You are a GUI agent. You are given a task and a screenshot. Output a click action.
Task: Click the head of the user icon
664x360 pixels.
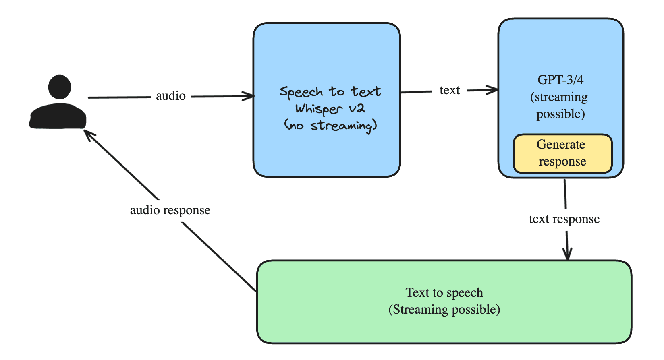pyautogui.click(x=60, y=87)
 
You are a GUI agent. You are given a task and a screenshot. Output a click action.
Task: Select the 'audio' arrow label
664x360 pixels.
pyautogui.click(x=171, y=96)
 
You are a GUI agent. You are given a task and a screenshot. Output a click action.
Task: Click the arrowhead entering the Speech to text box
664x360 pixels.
pyautogui.click(x=250, y=96)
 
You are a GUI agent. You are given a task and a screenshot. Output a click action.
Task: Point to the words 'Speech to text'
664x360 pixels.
pyautogui.click(x=330, y=92)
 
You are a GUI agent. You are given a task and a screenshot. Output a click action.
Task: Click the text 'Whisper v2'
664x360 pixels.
pyautogui.click(x=330, y=109)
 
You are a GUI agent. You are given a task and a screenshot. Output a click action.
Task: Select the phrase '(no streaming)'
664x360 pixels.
pyautogui.click(x=330, y=126)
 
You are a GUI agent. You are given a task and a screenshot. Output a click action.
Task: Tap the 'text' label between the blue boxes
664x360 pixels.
pyautogui.click(x=449, y=90)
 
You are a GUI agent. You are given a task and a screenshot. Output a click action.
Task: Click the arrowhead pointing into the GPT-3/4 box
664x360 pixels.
pyautogui.click(x=494, y=89)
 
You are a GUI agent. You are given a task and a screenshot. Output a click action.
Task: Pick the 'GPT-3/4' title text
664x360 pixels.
pyautogui.click(x=560, y=80)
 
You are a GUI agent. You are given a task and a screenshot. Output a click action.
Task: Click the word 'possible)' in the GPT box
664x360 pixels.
pyautogui.click(x=560, y=114)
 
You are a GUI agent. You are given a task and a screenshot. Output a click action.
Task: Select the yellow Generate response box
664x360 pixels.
pyautogui.click(x=562, y=154)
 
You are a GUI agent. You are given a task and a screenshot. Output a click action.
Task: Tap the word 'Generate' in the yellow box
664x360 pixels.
pyautogui.click(x=560, y=144)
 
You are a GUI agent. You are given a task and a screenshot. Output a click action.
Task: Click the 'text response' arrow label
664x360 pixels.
pyautogui.click(x=564, y=219)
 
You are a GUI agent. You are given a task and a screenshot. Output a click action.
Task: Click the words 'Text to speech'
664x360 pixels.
pyautogui.click(x=444, y=292)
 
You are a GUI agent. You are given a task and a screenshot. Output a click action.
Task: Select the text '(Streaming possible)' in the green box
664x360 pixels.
pyautogui.click(x=444, y=310)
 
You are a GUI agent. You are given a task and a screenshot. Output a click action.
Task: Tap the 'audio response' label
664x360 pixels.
pyautogui.click(x=170, y=210)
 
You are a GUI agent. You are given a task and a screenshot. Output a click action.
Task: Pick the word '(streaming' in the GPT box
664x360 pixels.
pyautogui.click(x=559, y=97)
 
